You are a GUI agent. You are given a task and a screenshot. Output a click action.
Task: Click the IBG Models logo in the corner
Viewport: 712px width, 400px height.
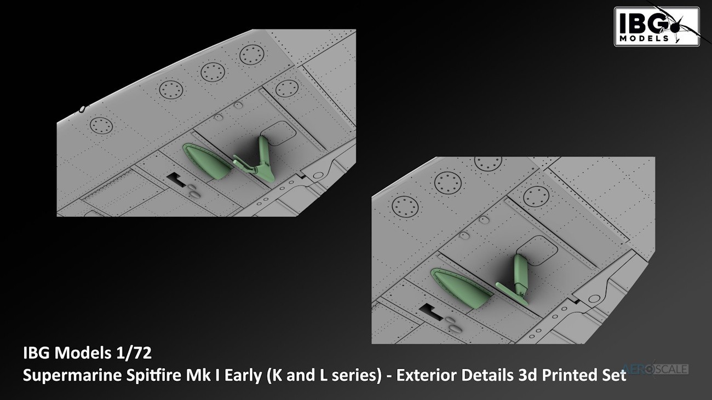tap(657, 27)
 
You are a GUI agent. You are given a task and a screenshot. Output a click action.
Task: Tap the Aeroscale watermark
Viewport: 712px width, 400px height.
tap(655, 369)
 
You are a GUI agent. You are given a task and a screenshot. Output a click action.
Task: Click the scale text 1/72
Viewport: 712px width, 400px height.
tap(134, 353)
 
